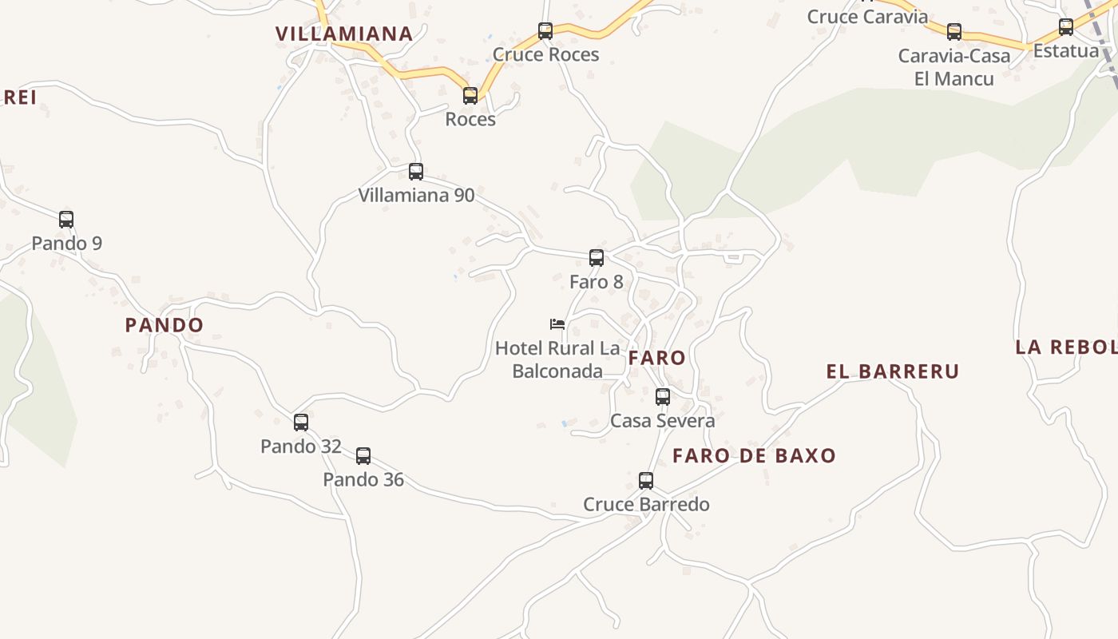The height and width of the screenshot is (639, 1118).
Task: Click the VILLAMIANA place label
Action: click(x=344, y=34)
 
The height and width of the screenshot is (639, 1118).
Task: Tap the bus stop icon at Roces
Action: click(x=470, y=96)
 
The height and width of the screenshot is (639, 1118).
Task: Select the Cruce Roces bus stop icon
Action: click(x=545, y=31)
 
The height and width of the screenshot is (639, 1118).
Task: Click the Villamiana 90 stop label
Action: click(x=416, y=195)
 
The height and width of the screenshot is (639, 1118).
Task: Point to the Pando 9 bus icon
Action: click(x=66, y=219)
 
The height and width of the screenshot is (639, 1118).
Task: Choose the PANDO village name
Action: click(x=165, y=325)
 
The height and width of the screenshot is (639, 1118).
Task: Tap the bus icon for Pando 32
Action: click(x=301, y=423)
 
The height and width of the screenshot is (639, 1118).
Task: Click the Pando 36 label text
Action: click(x=363, y=480)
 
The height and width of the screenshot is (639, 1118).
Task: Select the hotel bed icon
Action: click(x=557, y=323)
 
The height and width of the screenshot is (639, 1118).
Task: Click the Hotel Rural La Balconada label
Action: click(x=557, y=359)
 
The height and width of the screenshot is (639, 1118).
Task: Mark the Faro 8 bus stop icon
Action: click(x=597, y=258)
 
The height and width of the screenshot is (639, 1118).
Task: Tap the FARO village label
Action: click(x=657, y=358)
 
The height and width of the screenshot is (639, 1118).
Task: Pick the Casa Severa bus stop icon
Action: click(x=663, y=396)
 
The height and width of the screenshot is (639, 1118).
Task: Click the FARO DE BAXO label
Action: click(x=754, y=456)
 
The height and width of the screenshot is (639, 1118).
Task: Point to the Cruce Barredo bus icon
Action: click(x=646, y=481)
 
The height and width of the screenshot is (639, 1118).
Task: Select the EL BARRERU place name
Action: click(x=892, y=371)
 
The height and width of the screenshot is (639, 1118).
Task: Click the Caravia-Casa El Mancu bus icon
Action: click(x=954, y=32)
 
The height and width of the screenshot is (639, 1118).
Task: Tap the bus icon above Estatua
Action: click(x=1066, y=27)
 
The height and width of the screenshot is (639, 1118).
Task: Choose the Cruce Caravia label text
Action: click(x=867, y=17)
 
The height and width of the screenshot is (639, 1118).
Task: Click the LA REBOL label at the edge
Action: click(x=1066, y=347)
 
